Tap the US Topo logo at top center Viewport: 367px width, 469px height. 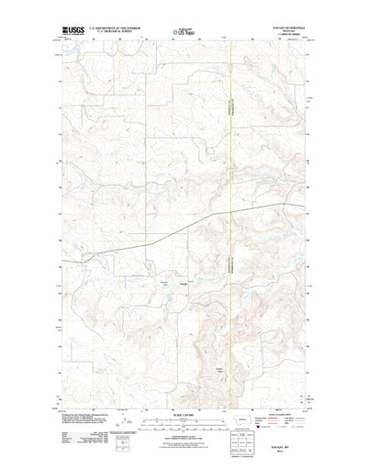click(x=182, y=34)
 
